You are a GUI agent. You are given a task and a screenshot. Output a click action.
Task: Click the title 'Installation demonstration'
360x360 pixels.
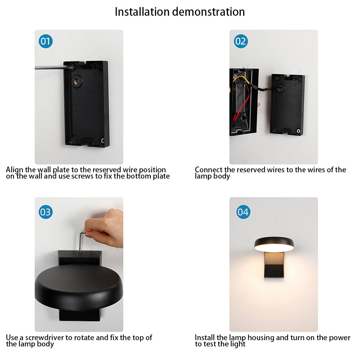[180, 12]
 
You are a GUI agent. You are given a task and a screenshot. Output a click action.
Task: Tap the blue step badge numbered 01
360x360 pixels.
[45, 42]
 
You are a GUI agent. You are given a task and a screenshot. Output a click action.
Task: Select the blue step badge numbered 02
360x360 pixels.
[241, 42]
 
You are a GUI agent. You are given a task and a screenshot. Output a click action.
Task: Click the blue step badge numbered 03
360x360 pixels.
[45, 212]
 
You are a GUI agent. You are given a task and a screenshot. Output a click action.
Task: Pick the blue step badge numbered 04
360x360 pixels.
[243, 212]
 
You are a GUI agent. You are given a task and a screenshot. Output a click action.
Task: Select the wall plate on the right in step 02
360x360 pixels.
[287, 106]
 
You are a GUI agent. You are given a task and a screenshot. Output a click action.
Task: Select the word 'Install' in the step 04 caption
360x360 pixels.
[205, 337]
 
